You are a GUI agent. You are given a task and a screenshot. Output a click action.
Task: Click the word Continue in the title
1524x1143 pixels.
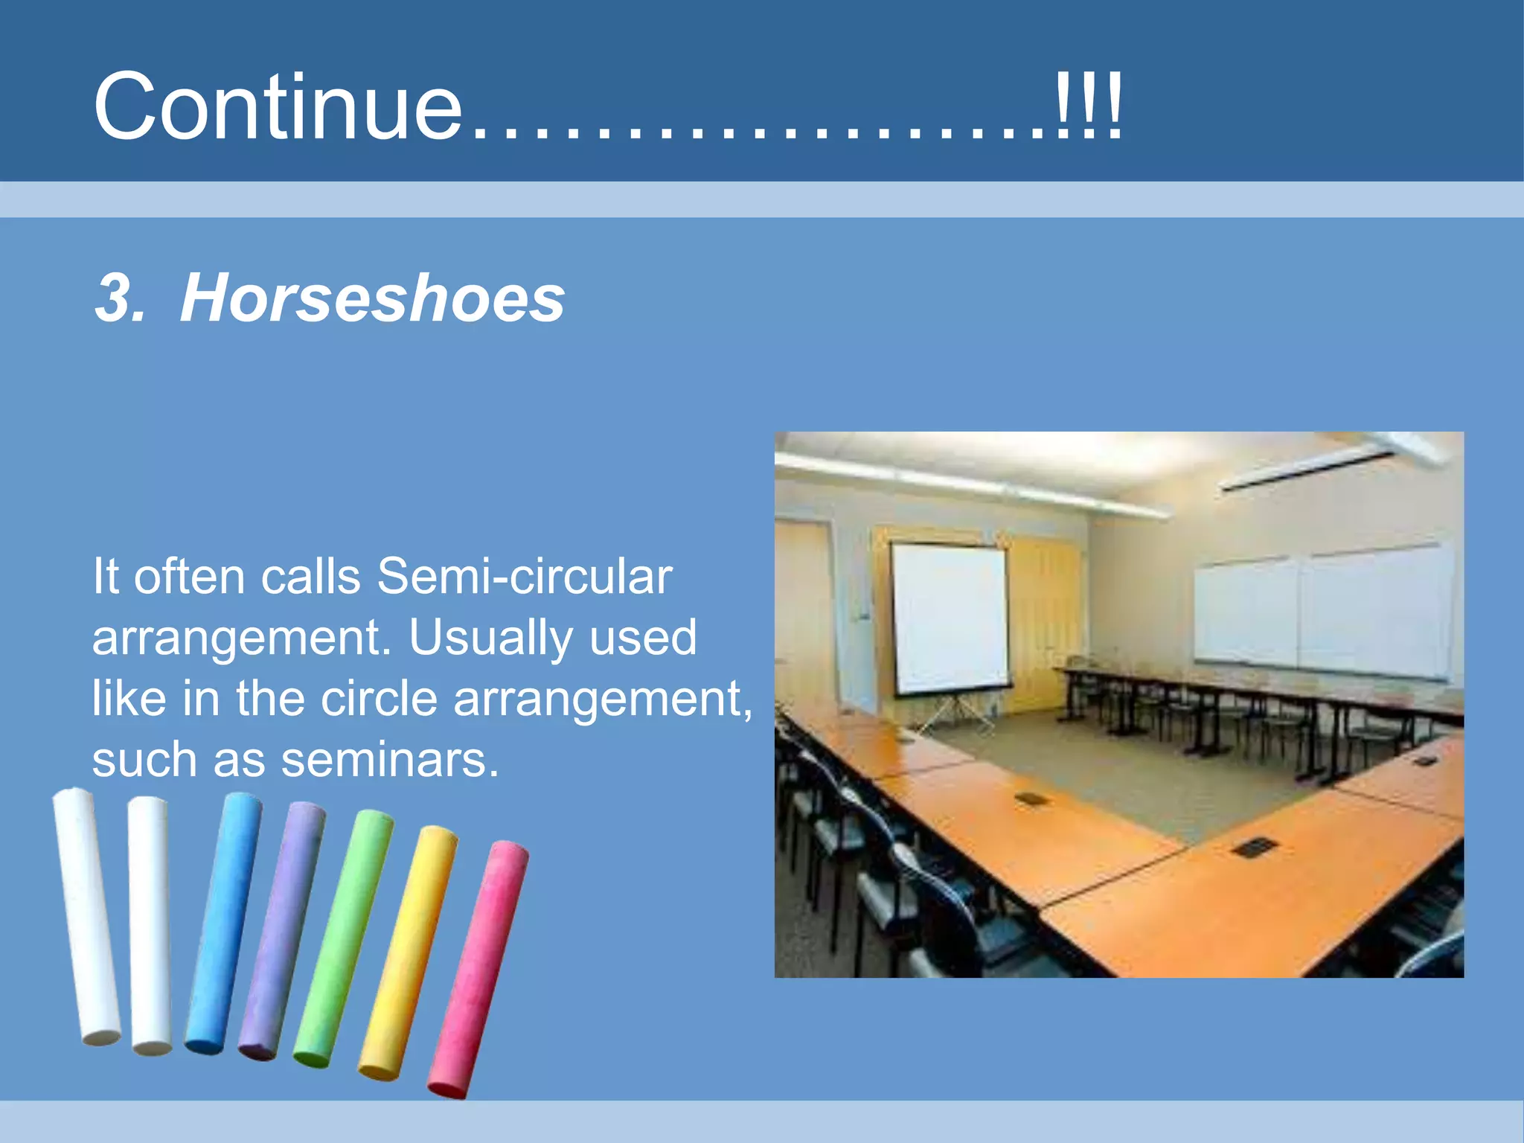pyautogui.click(x=278, y=107)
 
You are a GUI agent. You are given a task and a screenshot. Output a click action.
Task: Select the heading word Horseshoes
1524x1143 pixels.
pyautogui.click(x=372, y=298)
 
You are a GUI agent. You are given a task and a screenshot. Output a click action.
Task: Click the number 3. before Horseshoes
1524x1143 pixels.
pyautogui.click(x=119, y=298)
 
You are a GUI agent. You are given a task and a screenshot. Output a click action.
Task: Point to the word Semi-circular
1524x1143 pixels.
pyautogui.click(x=525, y=577)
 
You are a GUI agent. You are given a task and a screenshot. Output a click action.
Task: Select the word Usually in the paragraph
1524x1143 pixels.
pyautogui.click(x=490, y=638)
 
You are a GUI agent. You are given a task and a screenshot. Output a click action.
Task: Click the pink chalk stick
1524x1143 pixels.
pyautogui.click(x=478, y=967)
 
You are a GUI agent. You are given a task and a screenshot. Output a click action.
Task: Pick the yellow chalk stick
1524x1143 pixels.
pyautogui.click(x=409, y=952)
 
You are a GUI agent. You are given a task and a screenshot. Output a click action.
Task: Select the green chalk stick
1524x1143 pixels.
pyautogui.click(x=343, y=938)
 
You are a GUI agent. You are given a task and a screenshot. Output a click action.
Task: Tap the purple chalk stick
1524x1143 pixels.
pyautogui.click(x=281, y=930)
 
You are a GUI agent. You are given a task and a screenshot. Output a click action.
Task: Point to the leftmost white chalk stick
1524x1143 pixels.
pyautogui.click(x=86, y=915)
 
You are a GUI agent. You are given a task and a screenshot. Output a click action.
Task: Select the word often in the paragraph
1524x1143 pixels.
pyautogui.click(x=189, y=577)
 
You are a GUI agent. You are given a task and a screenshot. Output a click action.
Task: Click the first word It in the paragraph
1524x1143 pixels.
pyautogui.click(x=105, y=577)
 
